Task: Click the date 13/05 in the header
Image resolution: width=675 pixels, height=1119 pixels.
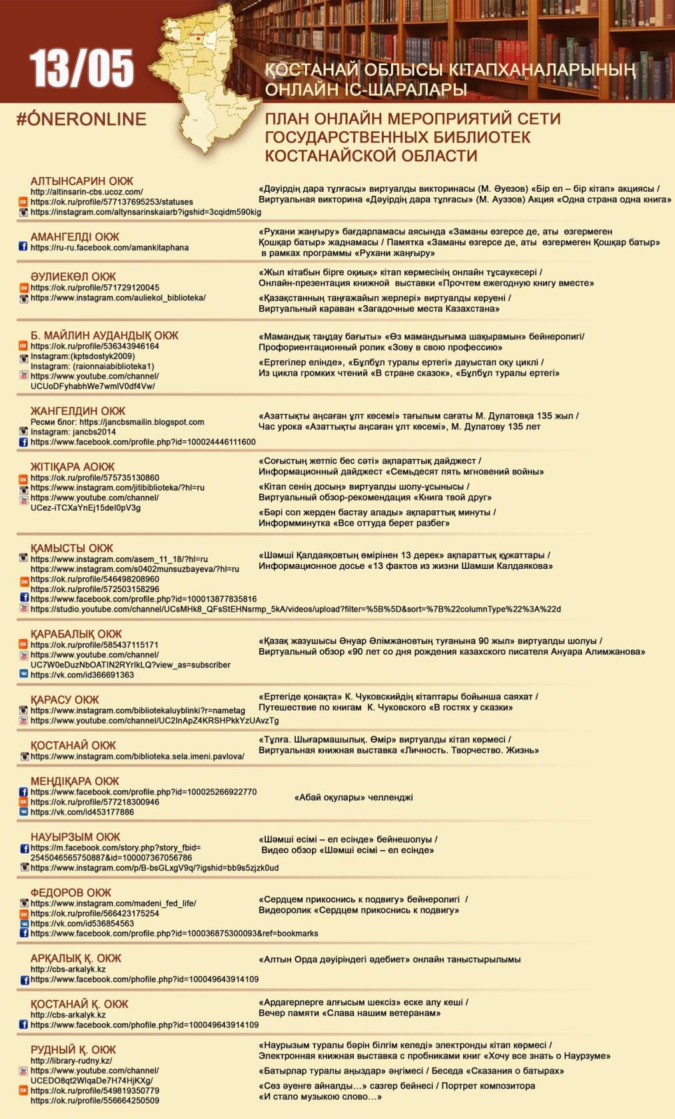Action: tap(81, 69)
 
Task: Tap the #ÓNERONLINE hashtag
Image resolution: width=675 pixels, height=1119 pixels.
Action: tap(81, 119)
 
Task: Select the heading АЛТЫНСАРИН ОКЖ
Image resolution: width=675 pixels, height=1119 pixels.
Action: tap(82, 181)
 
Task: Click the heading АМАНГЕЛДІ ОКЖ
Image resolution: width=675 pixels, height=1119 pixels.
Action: tap(75, 236)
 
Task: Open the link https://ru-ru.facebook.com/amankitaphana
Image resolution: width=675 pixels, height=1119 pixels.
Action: tap(109, 248)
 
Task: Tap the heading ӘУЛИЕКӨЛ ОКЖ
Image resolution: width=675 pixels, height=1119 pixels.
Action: tap(73, 276)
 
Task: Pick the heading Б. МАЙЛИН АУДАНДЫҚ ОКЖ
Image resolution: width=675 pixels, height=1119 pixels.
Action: tap(105, 335)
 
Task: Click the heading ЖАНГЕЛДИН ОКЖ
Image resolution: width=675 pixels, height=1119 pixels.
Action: tap(78, 411)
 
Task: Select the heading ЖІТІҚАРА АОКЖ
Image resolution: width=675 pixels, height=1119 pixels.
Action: tap(73, 467)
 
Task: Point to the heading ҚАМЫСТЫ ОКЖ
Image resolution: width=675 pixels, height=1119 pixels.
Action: tap(72, 548)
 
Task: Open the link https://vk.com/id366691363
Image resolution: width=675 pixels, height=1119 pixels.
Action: tap(82, 675)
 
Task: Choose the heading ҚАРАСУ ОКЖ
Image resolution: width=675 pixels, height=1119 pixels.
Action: tap(65, 700)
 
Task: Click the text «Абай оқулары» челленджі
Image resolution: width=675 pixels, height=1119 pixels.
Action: tap(353, 797)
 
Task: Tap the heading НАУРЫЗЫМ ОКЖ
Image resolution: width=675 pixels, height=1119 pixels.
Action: tap(75, 837)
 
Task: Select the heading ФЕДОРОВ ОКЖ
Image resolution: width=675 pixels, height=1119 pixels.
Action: tap(71, 893)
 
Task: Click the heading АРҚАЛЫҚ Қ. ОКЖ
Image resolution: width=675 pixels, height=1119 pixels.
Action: tap(76, 958)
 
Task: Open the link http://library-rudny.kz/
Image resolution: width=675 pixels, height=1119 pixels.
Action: tap(71, 1061)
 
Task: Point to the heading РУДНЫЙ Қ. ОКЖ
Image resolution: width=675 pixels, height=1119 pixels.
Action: tap(73, 1050)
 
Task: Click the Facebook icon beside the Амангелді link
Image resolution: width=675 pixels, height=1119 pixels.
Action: tap(23, 247)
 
